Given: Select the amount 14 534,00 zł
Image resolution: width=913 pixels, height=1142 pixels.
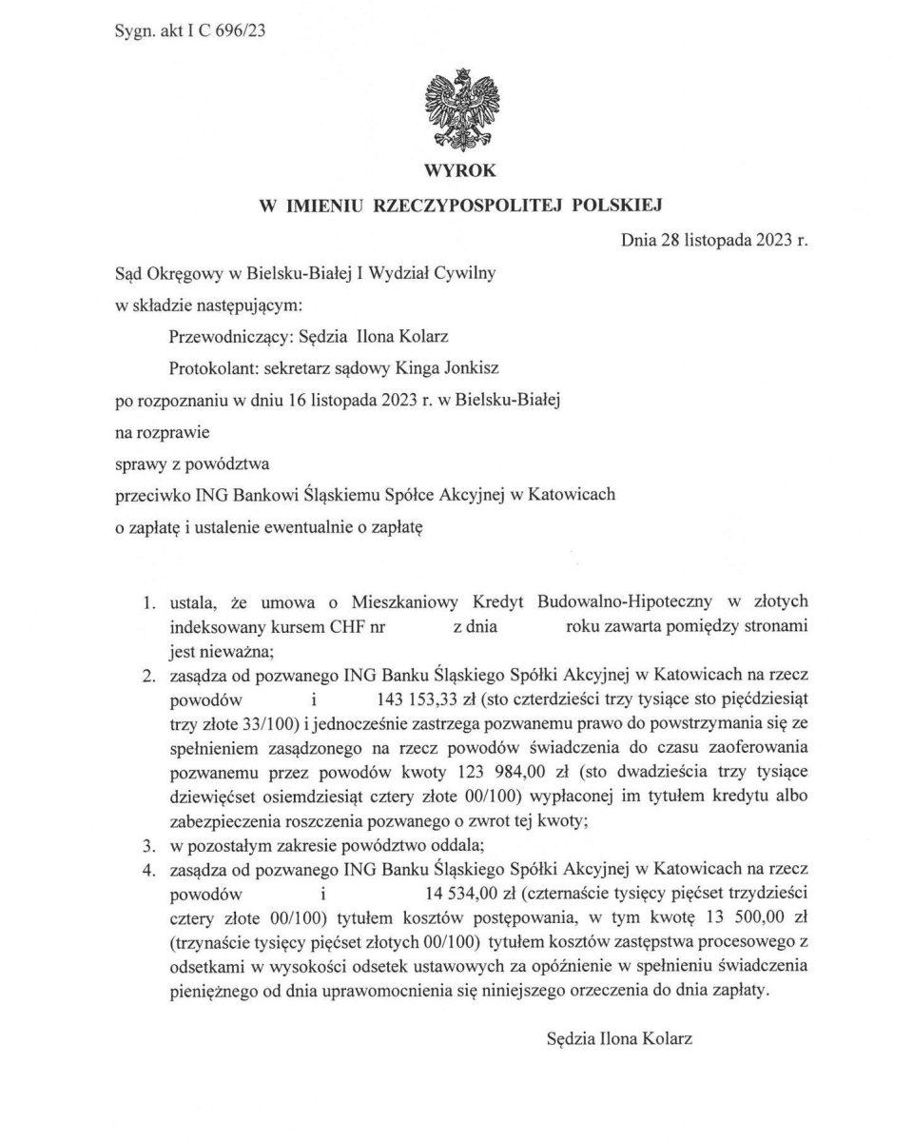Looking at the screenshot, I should click(468, 896).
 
